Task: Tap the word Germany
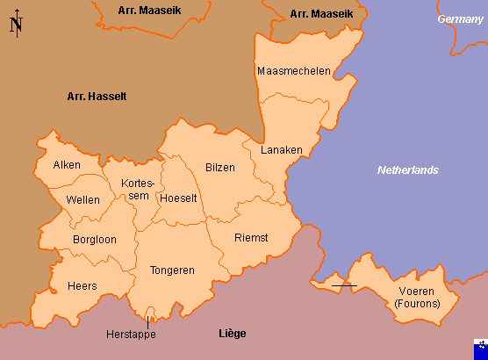[x=461, y=19]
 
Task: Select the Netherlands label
[x=407, y=169]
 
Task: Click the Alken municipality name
[x=67, y=165]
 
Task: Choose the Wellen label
[x=83, y=200]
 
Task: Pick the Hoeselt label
[x=179, y=198]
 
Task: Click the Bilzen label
[x=219, y=167]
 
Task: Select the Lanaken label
[x=281, y=150]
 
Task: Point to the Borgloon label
[x=95, y=239]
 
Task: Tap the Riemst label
[x=251, y=238]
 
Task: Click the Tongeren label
[x=172, y=270]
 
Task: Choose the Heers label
[x=82, y=286]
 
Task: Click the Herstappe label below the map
[x=130, y=335]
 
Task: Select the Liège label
[x=232, y=334]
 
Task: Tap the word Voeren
[x=416, y=291]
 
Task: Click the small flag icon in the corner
[x=477, y=349]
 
